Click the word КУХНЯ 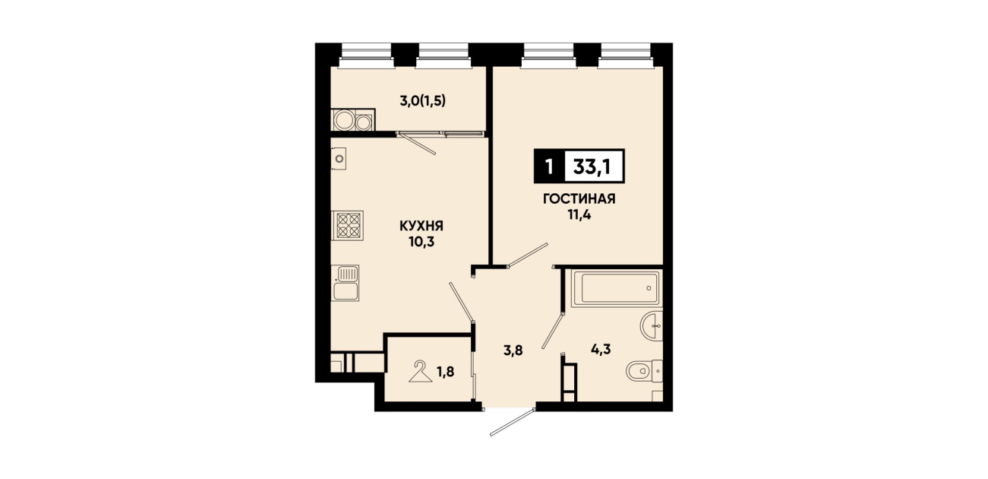tap(421, 227)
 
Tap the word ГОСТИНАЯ tap(579, 199)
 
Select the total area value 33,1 tap(592, 167)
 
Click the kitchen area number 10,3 tap(421, 242)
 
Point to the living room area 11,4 tap(579, 215)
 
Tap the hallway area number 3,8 tap(513, 351)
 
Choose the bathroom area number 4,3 tap(601, 350)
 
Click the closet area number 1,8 tap(446, 372)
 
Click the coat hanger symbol tap(421, 371)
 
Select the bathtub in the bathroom tap(616, 288)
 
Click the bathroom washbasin tap(652, 326)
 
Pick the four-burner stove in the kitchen tap(348, 226)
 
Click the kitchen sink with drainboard tap(346, 284)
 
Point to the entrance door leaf tap(513, 423)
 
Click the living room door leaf tap(528, 255)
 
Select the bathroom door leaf tap(553, 331)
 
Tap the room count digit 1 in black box tap(549, 167)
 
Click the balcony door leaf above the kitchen tap(416, 144)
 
